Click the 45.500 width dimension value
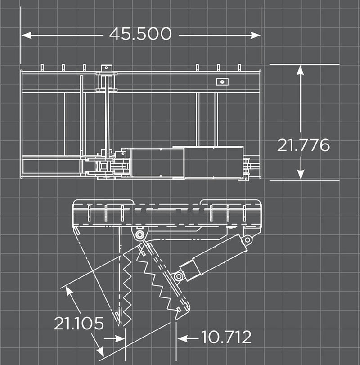(x=140, y=34)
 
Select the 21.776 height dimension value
(x=303, y=145)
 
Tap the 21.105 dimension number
(x=79, y=323)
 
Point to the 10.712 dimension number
(x=226, y=337)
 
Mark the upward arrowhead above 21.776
(x=301, y=70)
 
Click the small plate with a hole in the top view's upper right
(x=221, y=81)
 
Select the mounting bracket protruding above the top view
(x=106, y=68)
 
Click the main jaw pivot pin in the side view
(x=139, y=235)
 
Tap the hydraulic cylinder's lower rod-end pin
(x=179, y=275)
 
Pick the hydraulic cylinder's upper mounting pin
(x=246, y=239)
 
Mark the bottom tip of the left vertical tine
(x=120, y=323)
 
